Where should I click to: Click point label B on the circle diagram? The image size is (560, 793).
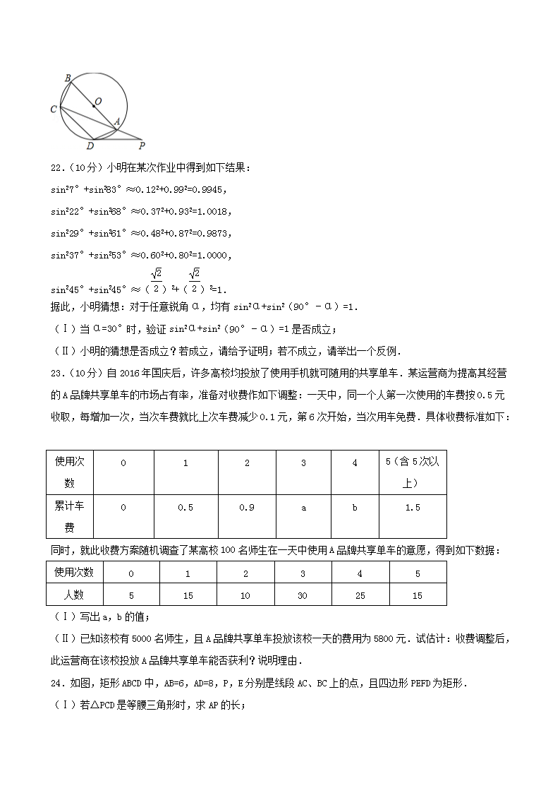pos(67,78)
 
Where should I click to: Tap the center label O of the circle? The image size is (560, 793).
pos(98,101)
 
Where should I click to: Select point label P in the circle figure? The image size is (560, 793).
pos(142,146)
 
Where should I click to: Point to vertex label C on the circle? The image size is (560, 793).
pos(54,109)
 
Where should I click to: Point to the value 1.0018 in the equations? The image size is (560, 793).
pos(212,210)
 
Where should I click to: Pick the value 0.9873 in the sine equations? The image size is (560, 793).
pos(212,232)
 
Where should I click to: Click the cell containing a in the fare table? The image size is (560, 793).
pos(303,508)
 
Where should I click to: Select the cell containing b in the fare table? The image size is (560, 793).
pos(355,508)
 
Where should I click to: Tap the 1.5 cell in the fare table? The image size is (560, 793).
pos(413,508)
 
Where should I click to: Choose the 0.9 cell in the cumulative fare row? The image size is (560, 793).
pos(247,508)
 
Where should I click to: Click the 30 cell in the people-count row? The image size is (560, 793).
pos(303,595)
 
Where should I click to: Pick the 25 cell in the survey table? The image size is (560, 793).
pos(360,595)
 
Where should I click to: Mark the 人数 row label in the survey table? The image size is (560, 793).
pos(69,595)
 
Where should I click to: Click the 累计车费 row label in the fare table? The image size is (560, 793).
pos(69,515)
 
